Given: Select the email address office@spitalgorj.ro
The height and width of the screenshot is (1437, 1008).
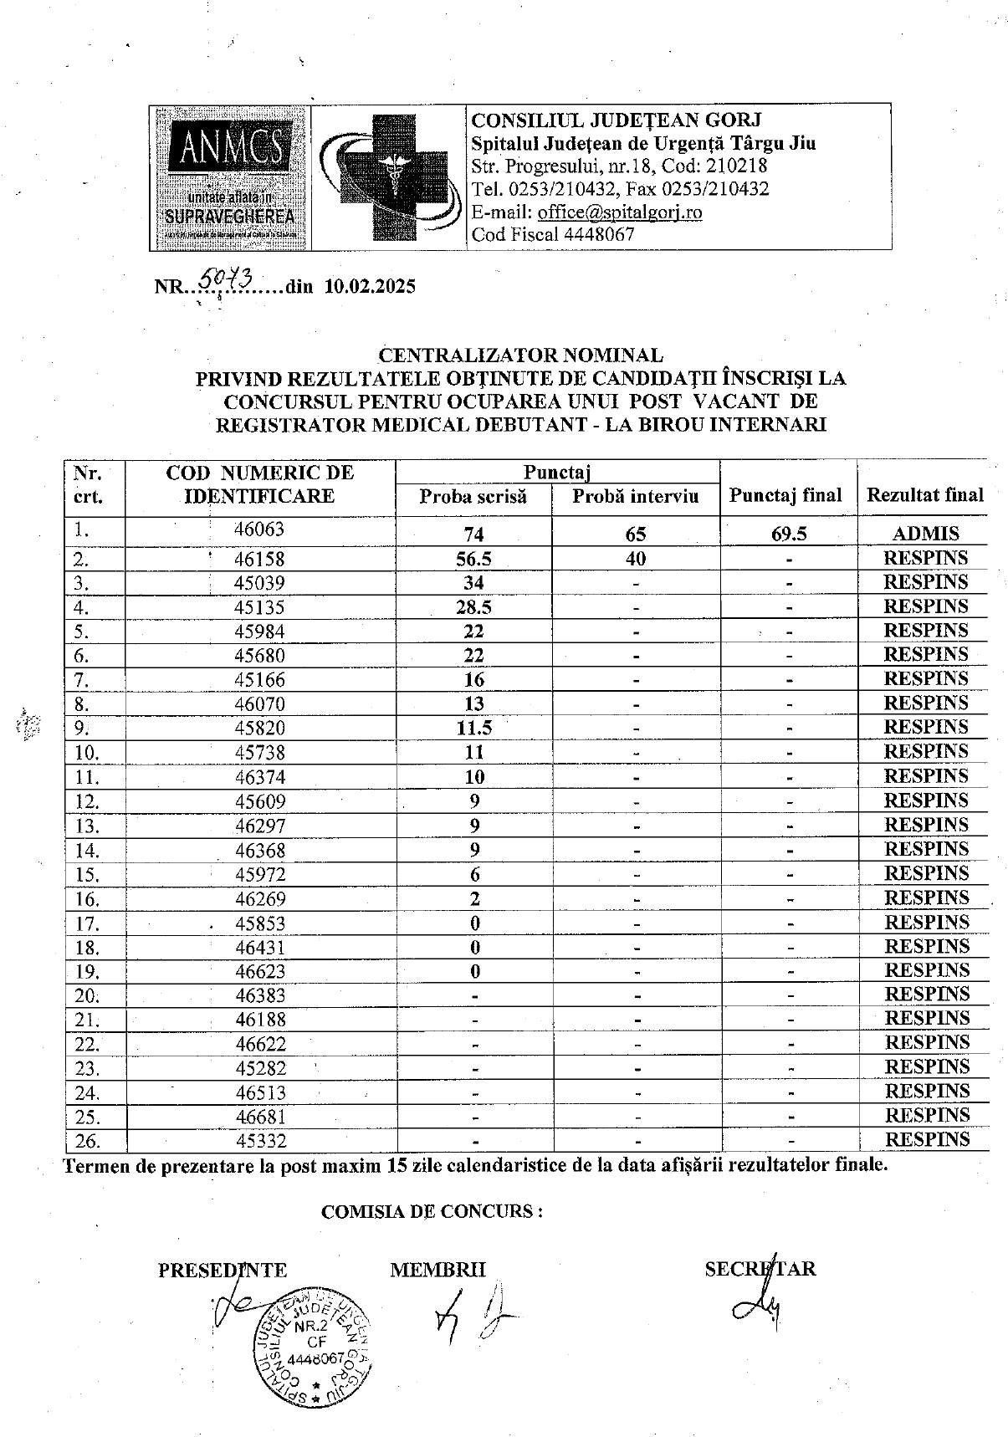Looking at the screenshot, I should pos(620,212).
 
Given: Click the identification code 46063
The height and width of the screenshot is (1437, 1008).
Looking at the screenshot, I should pos(259,529).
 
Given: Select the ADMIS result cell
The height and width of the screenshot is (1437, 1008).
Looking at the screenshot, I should pos(925,534).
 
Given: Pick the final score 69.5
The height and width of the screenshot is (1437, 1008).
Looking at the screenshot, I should pos(788,534).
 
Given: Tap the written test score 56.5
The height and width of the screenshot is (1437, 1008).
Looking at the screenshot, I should pos(473,559).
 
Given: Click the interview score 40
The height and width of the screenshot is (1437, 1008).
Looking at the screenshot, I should pos(635,559).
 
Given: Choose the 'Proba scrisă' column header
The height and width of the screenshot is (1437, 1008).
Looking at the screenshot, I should pos(473,497).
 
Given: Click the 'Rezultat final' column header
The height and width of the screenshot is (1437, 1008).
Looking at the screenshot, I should pos(924,495).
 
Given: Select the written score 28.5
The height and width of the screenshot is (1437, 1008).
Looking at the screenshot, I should pos(473,607).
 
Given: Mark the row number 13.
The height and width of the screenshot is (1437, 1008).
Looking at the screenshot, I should pos(86,826).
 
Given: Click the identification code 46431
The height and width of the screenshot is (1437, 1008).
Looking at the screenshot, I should pos(260,948).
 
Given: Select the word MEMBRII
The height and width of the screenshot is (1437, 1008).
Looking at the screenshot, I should pos(437,1270).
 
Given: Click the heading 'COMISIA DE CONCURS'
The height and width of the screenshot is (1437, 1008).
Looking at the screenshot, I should pos(432,1211).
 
